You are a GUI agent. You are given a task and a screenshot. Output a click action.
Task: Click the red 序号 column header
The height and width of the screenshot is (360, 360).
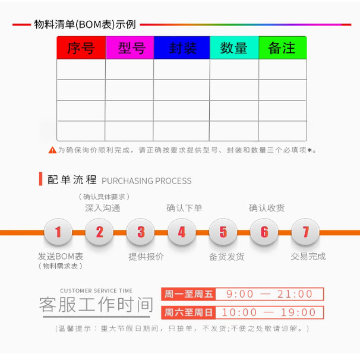tap(81, 48)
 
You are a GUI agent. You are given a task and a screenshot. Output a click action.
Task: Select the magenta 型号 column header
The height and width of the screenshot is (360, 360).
tap(130, 48)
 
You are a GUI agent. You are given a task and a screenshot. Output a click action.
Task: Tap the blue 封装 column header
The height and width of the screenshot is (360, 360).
tap(182, 48)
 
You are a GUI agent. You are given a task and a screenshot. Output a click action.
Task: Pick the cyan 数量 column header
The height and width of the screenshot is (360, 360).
tap(234, 48)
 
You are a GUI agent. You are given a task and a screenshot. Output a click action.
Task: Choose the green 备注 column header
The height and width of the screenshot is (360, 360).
tap(282, 48)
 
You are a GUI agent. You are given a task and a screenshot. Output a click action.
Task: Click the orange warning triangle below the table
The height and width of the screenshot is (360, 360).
tap(52, 150)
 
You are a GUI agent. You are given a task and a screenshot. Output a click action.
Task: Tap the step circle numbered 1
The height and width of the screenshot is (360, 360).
tap(58, 232)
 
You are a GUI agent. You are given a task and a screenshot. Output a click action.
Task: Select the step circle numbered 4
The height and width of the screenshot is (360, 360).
tap(182, 232)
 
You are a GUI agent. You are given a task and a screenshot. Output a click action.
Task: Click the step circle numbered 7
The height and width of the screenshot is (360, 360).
tap(305, 232)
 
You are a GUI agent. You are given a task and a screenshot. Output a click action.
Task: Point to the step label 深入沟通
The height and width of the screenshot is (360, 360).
tap(102, 208)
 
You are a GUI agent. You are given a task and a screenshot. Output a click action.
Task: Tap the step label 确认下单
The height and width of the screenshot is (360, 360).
tap(184, 208)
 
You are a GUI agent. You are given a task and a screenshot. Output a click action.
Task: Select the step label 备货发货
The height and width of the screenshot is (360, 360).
tap(227, 257)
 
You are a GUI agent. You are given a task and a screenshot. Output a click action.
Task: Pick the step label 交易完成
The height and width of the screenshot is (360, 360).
tap(308, 257)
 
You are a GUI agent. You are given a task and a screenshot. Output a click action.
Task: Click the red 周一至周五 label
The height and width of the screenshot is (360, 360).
tap(188, 294)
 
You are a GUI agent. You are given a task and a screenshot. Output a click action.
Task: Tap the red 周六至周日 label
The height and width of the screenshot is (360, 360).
tap(188, 312)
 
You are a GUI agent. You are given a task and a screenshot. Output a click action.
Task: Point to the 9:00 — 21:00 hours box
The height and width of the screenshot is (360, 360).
tap(269, 294)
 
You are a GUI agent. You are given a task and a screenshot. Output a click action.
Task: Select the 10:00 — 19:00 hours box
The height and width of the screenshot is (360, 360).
tap(269, 312)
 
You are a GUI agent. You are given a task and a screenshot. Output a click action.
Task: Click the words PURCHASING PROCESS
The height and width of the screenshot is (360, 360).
tap(147, 181)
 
